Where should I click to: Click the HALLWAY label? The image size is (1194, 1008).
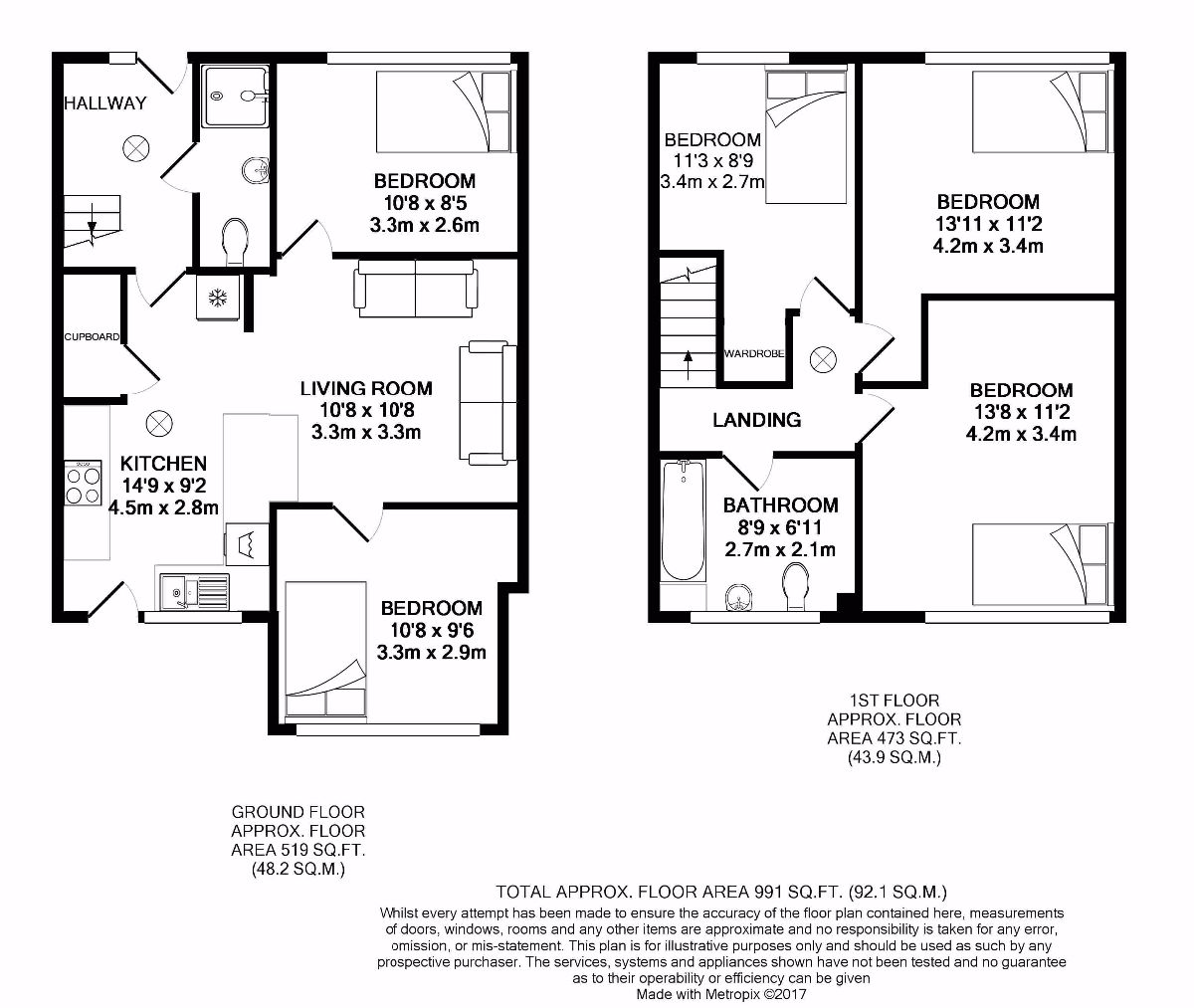(x=105, y=102)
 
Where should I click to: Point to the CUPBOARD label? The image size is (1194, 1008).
(x=93, y=337)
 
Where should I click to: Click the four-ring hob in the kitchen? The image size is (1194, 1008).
(x=82, y=483)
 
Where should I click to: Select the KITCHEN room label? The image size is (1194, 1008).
(x=163, y=464)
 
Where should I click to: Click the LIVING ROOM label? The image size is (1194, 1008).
(x=366, y=388)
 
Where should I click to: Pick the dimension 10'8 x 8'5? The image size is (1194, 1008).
(x=424, y=203)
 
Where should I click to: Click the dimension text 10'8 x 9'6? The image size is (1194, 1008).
(x=431, y=630)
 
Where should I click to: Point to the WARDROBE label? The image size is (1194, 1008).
(x=754, y=353)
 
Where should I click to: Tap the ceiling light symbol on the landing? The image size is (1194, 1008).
(x=823, y=360)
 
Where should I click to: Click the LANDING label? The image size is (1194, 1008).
(x=756, y=420)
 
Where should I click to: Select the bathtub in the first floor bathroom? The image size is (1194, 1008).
(x=683, y=522)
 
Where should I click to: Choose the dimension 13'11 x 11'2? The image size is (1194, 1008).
(x=988, y=224)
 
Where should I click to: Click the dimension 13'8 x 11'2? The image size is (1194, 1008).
(x=1021, y=412)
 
